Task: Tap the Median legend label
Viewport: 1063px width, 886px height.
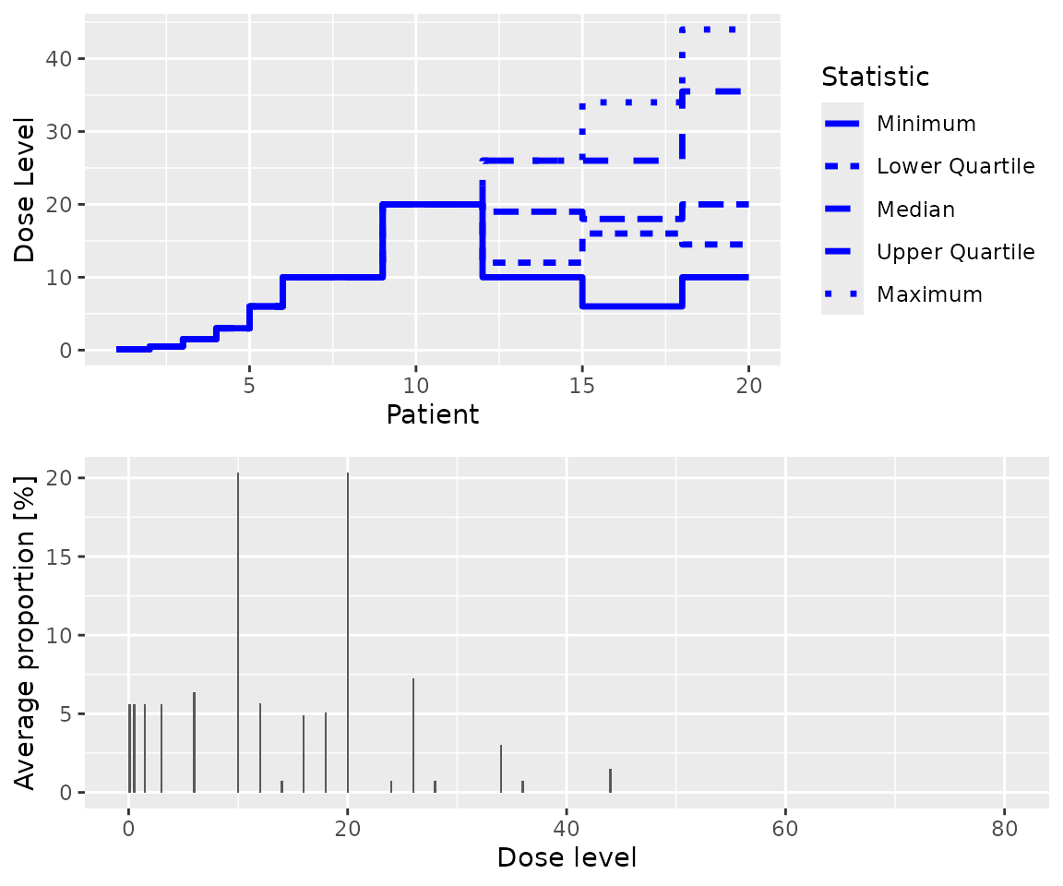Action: [915, 210]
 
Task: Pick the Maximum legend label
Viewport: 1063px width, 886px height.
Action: [929, 294]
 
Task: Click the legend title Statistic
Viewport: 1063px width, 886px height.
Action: [875, 76]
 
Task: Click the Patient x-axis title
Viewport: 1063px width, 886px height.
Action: [433, 414]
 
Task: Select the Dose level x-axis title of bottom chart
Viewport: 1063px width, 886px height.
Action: [566, 857]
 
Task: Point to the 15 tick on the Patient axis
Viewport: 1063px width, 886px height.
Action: [582, 385]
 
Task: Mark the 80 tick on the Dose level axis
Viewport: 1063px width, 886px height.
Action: [1004, 828]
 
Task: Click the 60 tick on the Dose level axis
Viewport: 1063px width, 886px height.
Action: [785, 828]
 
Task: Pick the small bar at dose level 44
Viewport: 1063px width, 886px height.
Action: [610, 781]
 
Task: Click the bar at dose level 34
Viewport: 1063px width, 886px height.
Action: [501, 769]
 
